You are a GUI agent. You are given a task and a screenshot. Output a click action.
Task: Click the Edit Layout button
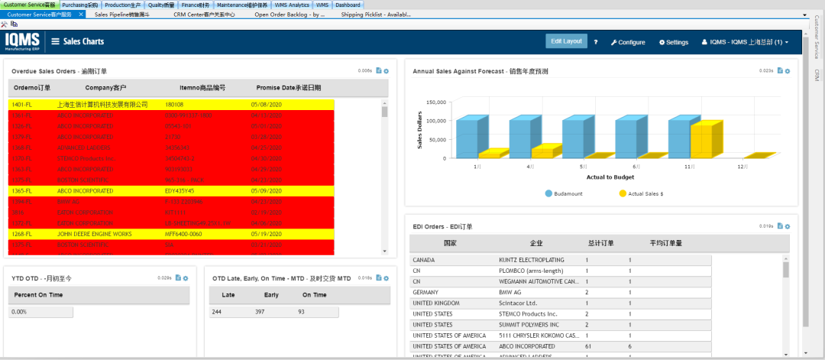coord(566,41)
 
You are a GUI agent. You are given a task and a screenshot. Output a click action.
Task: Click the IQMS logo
coord(24,41)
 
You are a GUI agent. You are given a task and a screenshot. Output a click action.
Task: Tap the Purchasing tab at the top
coord(80,5)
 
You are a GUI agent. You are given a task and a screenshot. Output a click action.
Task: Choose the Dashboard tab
coord(348,5)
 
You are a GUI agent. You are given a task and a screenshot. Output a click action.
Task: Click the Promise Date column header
coord(288,88)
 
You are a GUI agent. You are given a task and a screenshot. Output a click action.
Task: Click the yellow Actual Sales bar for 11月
coord(707,140)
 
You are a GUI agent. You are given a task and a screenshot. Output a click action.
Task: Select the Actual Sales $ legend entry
coord(641,194)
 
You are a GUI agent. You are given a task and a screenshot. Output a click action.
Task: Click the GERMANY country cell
coord(426,292)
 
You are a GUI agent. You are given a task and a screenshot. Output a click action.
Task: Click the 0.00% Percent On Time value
coord(20,312)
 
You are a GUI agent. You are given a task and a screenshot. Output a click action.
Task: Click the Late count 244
coord(216,312)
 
